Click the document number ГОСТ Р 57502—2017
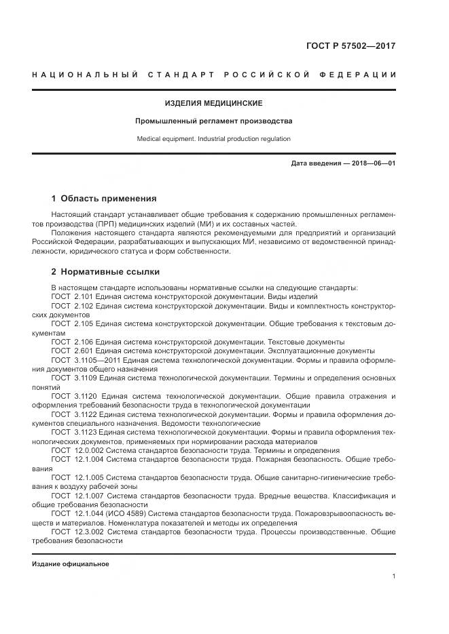tap(353, 47)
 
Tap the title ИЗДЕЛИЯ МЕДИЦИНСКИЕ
tap(213, 104)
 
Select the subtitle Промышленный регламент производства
tap(213, 121)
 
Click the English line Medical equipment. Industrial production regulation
tap(213, 139)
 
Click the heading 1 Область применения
tap(104, 199)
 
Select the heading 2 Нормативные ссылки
tap(105, 272)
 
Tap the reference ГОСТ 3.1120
tap(73, 396)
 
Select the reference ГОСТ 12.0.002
tap(75, 450)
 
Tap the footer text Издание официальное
tap(70, 564)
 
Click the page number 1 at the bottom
tap(393, 576)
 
